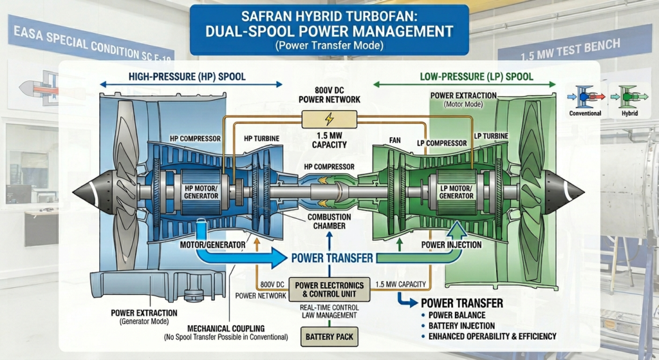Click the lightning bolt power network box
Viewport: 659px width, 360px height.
329,120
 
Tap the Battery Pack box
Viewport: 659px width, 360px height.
329,336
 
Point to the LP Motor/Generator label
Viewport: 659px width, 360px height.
457,191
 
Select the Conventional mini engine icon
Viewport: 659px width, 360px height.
585,97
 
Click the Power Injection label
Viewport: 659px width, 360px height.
450,245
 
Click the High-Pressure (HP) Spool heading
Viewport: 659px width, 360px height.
187,77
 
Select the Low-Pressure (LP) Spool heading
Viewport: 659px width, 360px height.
467,77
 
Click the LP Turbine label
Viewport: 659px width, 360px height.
491,136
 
